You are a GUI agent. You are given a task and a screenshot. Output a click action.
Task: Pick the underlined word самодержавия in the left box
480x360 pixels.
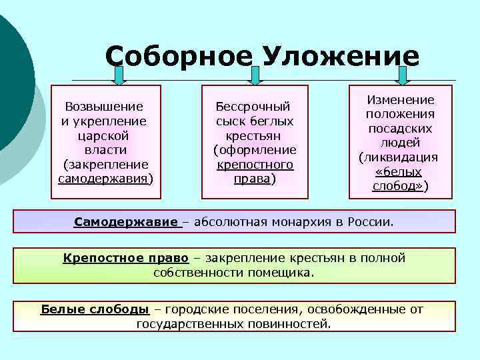[x=103, y=179]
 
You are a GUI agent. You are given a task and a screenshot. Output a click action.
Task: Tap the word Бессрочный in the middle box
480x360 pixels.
[x=253, y=107]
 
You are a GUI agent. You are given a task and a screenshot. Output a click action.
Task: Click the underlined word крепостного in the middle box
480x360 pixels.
[x=255, y=164]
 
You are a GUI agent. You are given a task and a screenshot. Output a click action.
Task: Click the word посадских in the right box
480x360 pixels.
[x=401, y=129]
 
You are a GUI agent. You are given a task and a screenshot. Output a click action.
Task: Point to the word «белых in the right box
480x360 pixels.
[x=400, y=172]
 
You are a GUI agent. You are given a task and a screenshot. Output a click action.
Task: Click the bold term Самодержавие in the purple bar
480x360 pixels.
[x=126, y=221]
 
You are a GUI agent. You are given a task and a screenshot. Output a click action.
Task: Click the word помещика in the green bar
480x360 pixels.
[x=285, y=273]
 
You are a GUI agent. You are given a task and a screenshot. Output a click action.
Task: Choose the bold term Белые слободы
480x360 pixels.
[x=95, y=309]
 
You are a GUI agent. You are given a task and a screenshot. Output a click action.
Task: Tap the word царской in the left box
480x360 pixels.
[x=103, y=135]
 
